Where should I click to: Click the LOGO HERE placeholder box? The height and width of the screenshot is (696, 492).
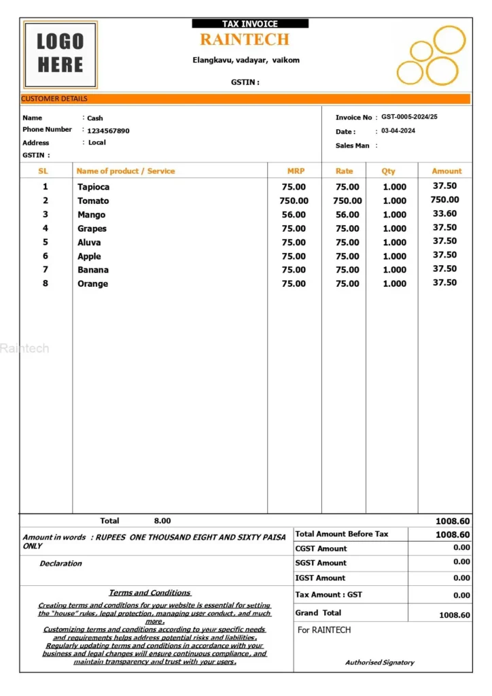point(60,54)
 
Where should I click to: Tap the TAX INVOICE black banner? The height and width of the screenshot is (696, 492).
point(249,24)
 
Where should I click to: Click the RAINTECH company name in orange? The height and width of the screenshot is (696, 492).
point(245,39)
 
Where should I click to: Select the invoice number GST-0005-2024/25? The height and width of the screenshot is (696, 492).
point(409,117)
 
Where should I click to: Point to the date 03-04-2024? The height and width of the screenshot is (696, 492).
point(398,130)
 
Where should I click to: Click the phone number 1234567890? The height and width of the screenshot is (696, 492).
point(108,130)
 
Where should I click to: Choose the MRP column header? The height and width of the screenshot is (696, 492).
point(296,171)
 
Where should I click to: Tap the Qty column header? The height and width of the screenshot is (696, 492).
point(388,171)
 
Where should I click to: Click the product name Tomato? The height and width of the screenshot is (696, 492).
point(93,201)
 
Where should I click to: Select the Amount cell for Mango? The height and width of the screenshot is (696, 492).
point(444,213)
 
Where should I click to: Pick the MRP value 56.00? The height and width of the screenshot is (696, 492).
point(294,215)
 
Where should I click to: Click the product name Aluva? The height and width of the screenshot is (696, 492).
point(89,242)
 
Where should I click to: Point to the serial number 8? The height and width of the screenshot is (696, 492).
point(46,283)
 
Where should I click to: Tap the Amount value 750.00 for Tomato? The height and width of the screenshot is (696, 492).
point(444,200)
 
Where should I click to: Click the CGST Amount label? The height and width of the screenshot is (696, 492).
point(321,549)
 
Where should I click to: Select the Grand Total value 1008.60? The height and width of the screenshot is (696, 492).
point(455,615)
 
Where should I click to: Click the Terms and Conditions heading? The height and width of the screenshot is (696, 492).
point(150,593)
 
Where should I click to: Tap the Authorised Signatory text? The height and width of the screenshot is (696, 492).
point(379,662)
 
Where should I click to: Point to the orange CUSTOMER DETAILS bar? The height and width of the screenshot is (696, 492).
point(245,99)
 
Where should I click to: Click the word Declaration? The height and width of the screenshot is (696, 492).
point(60,563)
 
